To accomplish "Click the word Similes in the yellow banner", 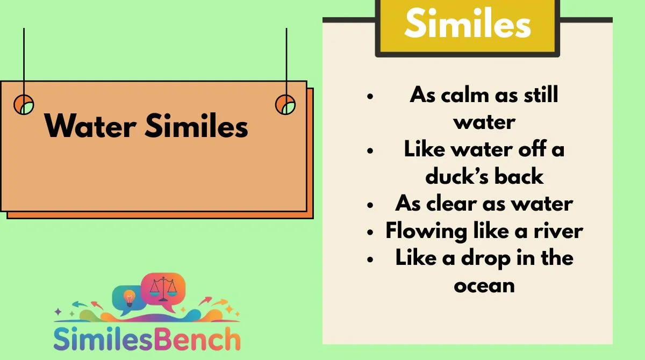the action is tap(468, 23).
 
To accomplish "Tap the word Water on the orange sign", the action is tap(90, 126).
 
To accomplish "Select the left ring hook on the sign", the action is tap(24, 104).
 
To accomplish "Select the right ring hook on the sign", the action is tap(285, 104).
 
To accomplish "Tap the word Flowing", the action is tap(426, 232).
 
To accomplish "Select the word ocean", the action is tap(484, 286).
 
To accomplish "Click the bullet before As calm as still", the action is tap(370, 96).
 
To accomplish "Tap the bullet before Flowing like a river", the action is tap(370, 232).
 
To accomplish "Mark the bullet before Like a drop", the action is tap(370, 260).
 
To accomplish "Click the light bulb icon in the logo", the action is tap(129, 298).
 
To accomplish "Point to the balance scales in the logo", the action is tap(163, 289).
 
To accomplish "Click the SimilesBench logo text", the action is tap(147, 339).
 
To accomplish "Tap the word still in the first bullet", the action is tap(541, 95).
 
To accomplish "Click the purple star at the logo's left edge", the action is tap(58, 311).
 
